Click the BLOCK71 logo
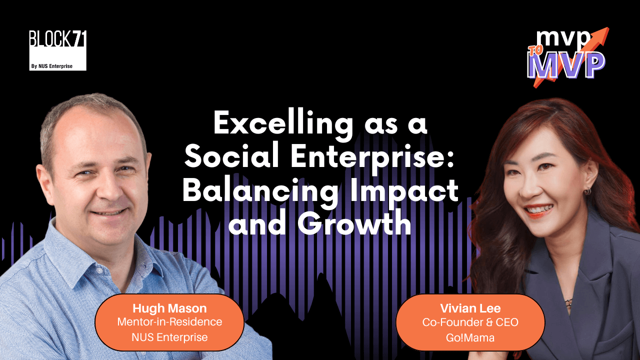58,40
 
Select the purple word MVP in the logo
566,64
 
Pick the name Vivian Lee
470,308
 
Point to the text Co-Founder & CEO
470,322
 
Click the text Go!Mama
470,337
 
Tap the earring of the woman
587,191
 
